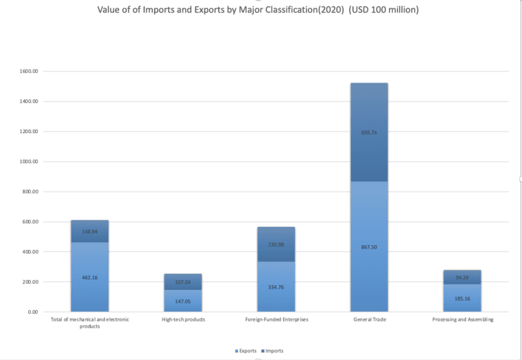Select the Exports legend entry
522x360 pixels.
pos(247,350)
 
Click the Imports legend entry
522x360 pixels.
pos(273,350)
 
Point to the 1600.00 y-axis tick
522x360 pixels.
pos(29,71)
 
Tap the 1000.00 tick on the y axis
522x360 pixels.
pos(29,162)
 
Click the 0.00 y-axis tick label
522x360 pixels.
pos(33,312)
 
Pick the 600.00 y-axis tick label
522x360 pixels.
pos(31,222)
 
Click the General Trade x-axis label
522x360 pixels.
pos(369,319)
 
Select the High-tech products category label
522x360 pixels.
pos(183,319)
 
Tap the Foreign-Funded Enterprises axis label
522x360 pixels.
pos(276,319)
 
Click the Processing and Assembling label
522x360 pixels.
pos(462,319)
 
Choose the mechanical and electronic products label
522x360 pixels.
pos(90,323)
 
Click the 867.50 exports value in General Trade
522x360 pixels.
pos(369,247)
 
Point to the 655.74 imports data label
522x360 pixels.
pos(369,132)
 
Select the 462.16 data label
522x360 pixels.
pos(90,277)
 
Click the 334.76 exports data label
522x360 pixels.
pos(276,287)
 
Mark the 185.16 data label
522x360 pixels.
pos(462,299)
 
